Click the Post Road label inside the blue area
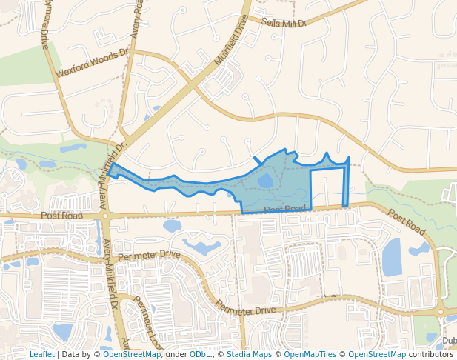[284, 210]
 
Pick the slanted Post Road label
[406, 221]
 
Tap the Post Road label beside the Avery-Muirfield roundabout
[61, 215]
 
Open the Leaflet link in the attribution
[41, 354]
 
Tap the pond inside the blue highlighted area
[265, 181]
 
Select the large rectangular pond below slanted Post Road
[392, 258]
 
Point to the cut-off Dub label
[449, 341]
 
